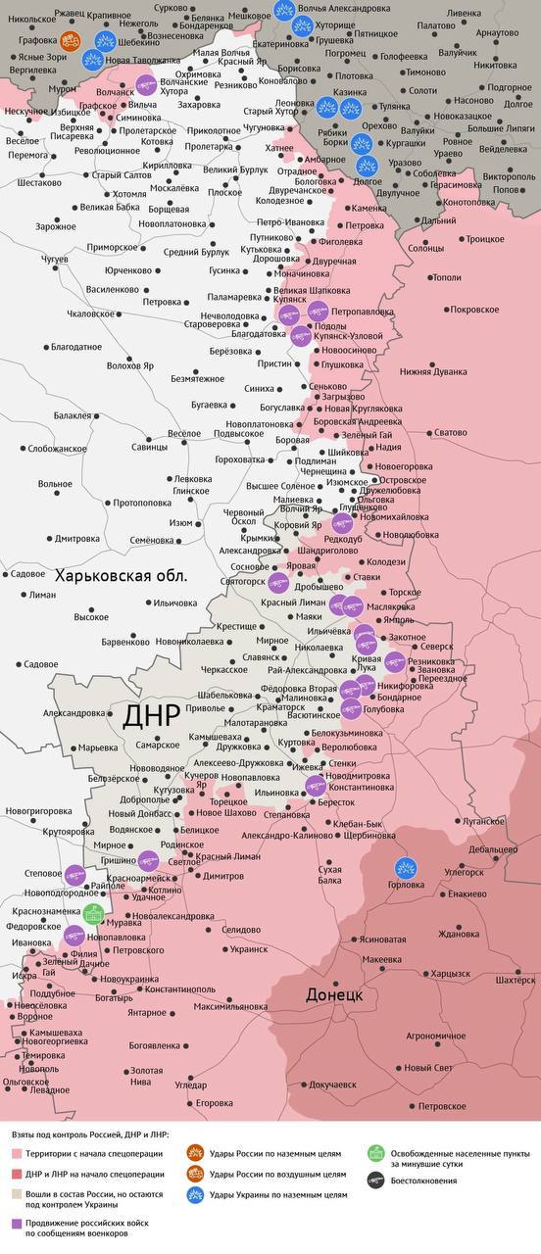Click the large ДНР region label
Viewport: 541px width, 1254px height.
[x=152, y=715]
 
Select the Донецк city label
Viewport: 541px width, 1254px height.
[x=334, y=993]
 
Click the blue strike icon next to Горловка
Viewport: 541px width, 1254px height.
[x=404, y=868]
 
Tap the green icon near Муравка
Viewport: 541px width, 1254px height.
[x=94, y=914]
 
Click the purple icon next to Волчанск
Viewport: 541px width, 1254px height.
[x=146, y=84]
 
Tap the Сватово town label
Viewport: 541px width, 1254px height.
[x=451, y=432]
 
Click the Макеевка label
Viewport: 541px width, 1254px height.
[x=381, y=959]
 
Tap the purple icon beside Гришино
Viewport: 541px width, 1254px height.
[x=148, y=860]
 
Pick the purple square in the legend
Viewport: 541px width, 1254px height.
[x=16, y=1223]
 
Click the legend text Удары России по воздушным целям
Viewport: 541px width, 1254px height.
[x=277, y=1173]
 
